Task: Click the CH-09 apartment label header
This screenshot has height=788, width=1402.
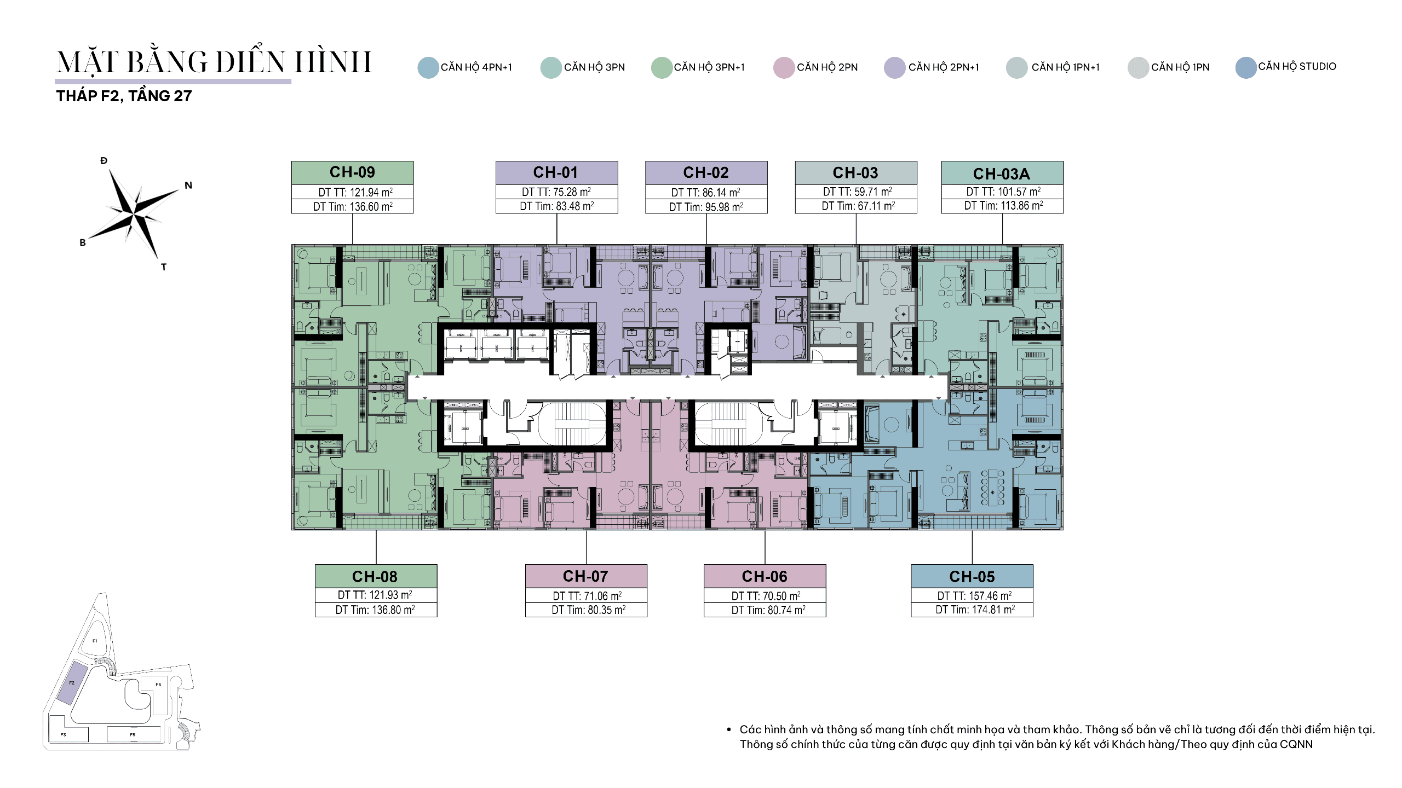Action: click(x=352, y=172)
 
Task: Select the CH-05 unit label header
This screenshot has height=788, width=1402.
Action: click(x=972, y=576)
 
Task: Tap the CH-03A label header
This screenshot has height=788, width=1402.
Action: click(x=1002, y=173)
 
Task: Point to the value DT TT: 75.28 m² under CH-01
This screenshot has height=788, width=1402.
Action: click(x=556, y=192)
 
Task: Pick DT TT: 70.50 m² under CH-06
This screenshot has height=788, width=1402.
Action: click(x=766, y=596)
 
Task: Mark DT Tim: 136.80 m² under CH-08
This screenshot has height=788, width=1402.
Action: click(x=375, y=610)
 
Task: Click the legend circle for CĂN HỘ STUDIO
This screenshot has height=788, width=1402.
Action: click(x=1246, y=68)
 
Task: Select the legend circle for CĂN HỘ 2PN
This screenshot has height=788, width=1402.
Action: click(x=784, y=68)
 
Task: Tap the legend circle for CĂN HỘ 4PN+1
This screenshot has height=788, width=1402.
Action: click(x=428, y=68)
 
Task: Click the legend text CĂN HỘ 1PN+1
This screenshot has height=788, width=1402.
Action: click(x=1065, y=67)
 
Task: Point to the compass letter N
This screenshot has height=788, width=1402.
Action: click(x=188, y=186)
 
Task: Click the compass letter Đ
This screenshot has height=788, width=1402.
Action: click(x=104, y=160)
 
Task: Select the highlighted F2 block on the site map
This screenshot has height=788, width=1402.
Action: click(x=72, y=682)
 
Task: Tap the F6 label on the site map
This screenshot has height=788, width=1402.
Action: click(x=158, y=685)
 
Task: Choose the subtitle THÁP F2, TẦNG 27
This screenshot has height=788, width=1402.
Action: click(x=124, y=96)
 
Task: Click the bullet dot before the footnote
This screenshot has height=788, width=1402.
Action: click(x=729, y=729)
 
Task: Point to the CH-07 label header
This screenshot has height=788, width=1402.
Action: click(x=586, y=576)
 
